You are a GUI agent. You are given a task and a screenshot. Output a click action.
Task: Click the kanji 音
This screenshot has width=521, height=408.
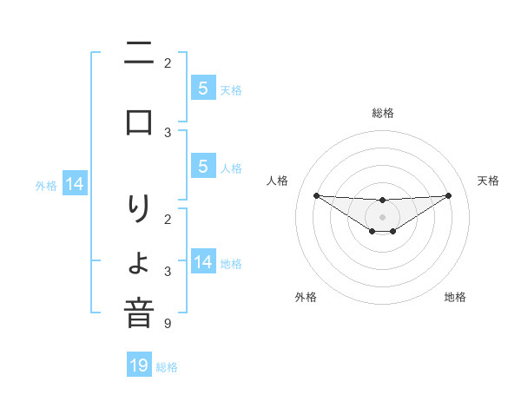coord(139,313)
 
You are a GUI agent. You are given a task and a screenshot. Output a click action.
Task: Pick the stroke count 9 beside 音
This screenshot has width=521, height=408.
coord(167,324)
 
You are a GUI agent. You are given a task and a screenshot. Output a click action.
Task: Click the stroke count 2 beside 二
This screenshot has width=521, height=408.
coord(167,63)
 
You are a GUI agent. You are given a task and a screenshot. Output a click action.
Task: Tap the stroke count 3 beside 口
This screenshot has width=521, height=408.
coord(167,133)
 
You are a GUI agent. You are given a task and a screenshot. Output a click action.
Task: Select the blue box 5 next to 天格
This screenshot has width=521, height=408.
coord(202,88)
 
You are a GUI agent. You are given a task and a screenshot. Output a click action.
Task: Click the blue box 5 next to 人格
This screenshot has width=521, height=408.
coord(202,166)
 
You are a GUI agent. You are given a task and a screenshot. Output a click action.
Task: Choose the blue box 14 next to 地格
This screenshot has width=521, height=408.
coord(202,261)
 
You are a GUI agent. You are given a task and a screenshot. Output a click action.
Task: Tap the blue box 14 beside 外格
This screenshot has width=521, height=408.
coord(75,184)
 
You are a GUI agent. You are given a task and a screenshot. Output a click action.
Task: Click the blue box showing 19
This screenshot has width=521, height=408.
coord(139,365)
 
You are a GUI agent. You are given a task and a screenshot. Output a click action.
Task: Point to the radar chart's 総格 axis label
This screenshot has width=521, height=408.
coord(382,113)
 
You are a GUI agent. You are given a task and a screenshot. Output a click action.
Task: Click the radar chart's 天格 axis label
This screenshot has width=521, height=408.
coord(488,181)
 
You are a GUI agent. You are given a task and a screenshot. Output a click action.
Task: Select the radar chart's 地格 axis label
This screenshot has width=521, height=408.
coord(455,297)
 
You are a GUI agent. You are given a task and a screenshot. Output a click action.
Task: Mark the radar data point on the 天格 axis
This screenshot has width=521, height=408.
coord(448,195)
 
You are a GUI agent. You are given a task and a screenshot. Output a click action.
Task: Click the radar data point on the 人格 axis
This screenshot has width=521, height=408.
coord(316,195)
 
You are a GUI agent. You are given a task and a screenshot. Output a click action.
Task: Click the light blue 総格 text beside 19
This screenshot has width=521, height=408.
coord(167,367)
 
